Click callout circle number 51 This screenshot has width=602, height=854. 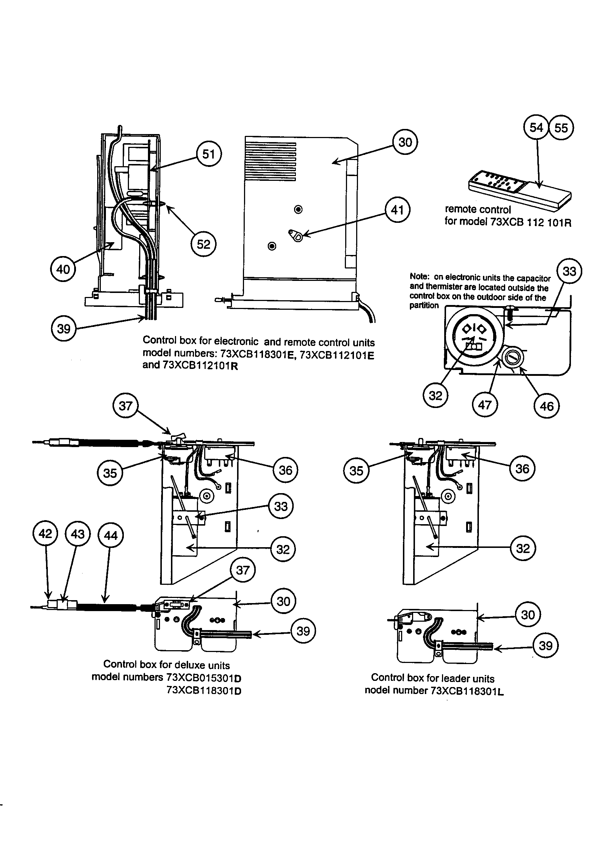(209, 154)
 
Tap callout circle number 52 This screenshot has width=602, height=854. (203, 244)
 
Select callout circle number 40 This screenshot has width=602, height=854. (62, 269)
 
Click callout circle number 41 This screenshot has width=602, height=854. (397, 210)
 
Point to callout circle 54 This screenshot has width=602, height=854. (536, 127)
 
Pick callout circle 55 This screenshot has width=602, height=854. (561, 128)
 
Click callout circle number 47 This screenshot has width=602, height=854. (484, 405)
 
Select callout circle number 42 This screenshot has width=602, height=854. (45, 534)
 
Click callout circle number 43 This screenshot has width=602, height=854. (77, 534)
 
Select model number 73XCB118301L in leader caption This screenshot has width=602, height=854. (467, 691)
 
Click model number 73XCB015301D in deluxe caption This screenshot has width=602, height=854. (203, 677)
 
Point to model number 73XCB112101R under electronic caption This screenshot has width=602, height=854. (200, 366)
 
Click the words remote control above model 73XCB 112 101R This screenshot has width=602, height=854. (477, 209)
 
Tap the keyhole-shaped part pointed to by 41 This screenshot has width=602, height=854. (297, 235)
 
